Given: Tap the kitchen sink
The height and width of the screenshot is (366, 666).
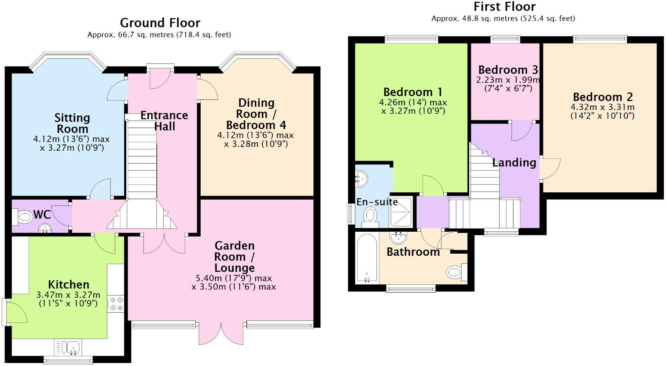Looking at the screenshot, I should (68, 348).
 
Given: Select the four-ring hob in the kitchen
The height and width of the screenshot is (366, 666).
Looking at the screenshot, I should (116, 303).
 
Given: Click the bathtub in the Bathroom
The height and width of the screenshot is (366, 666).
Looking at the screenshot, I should (366, 258).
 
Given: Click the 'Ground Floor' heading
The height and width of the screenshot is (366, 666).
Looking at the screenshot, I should (160, 23).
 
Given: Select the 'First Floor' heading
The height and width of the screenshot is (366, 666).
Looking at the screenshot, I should (504, 7).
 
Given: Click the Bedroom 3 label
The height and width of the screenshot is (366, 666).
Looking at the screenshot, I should (508, 70).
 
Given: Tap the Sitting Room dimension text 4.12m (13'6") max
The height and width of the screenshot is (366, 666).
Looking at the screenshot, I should (71, 139).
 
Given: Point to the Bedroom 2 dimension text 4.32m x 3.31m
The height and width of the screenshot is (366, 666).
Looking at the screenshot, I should (602, 107).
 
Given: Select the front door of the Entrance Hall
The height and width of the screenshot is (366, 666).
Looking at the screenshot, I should (160, 79).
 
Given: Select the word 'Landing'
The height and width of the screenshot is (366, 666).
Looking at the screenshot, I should (514, 163).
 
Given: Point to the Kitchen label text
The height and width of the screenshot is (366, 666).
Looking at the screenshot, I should (68, 284).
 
